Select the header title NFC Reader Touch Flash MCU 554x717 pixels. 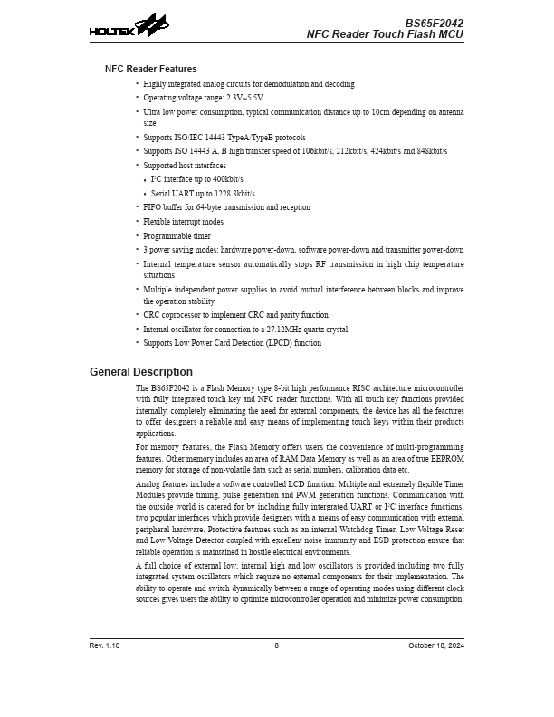385,34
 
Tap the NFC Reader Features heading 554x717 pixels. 150,68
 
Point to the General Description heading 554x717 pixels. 140,372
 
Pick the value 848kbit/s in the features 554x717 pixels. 428,151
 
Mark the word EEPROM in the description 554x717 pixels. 448,460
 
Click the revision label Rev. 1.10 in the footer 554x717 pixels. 104,645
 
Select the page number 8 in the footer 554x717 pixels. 277,645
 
